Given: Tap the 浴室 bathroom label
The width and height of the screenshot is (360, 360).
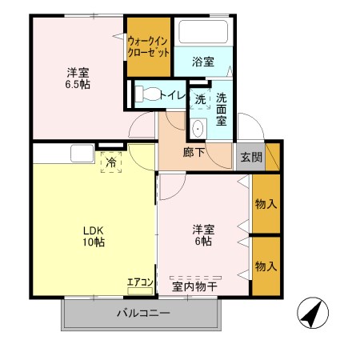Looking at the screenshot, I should (x=203, y=61).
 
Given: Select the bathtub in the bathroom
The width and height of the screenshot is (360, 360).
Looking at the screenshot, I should (x=203, y=32).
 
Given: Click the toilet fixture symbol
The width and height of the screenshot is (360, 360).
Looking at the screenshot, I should (x=144, y=94).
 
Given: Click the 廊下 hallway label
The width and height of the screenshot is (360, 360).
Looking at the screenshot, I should (x=194, y=153).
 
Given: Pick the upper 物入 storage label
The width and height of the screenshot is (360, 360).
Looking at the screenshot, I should (x=266, y=203).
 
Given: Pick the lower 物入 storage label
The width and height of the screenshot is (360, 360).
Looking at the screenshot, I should (x=266, y=265).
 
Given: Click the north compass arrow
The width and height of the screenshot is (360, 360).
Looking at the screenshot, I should (x=314, y=312).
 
